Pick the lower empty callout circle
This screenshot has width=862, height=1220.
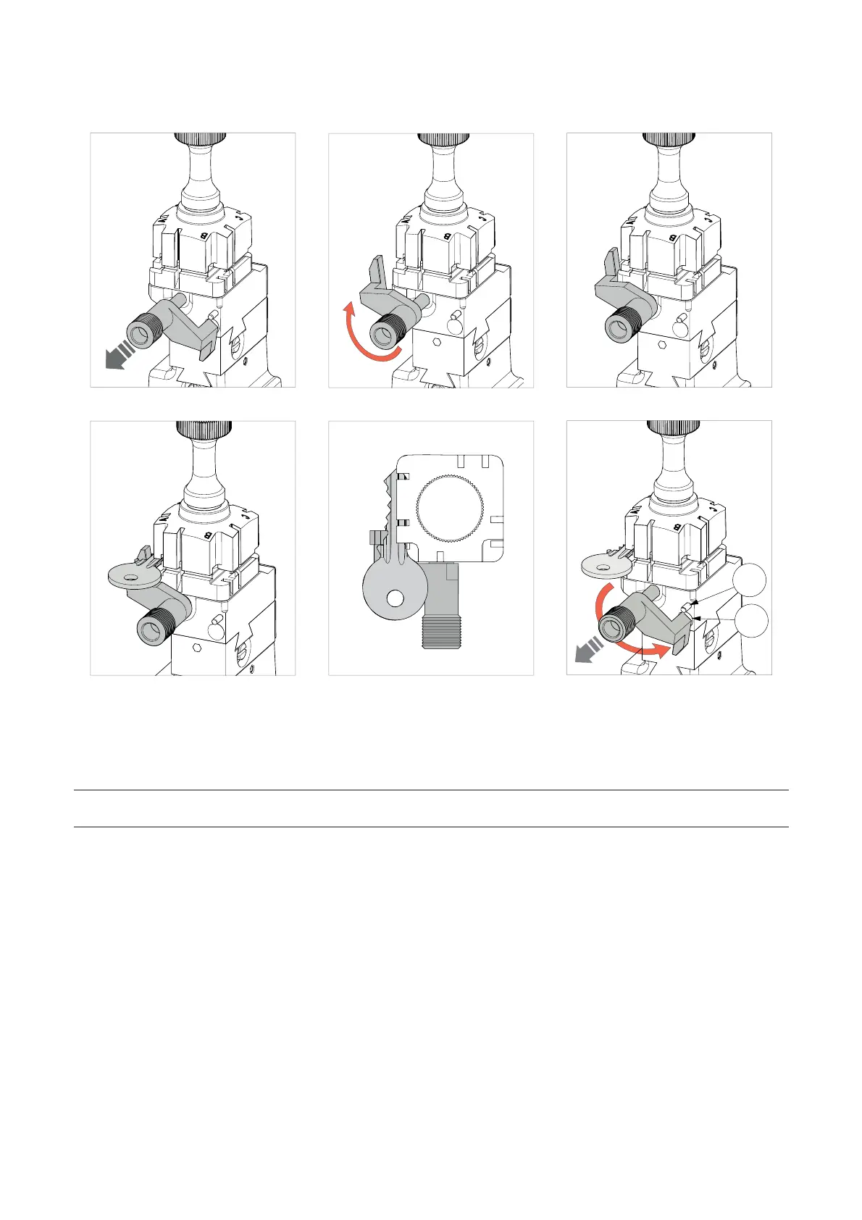tap(748, 620)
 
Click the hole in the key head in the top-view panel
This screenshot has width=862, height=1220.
tap(395, 598)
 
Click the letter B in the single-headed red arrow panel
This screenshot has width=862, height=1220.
tap(448, 237)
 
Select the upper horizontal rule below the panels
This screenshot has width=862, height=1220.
tap(430, 790)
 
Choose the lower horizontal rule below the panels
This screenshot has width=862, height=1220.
tap(430, 827)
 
